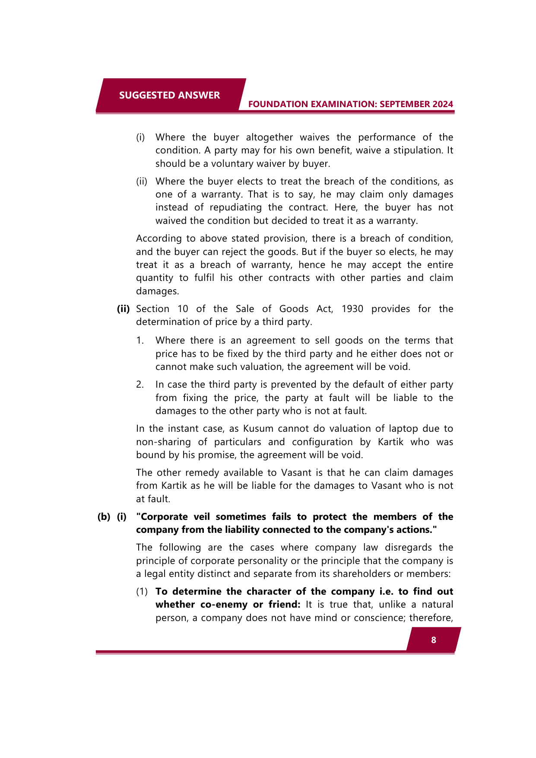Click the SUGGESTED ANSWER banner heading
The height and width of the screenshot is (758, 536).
pos(169,95)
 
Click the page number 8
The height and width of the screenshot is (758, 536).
pos(434,640)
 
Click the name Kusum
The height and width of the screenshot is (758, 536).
pos(258,429)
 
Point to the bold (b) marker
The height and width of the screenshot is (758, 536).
pos(104,517)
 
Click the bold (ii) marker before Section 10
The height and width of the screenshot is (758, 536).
pos(123,309)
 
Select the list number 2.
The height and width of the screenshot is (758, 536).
pos(140,385)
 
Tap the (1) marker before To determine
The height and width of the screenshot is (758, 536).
pos(142,592)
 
